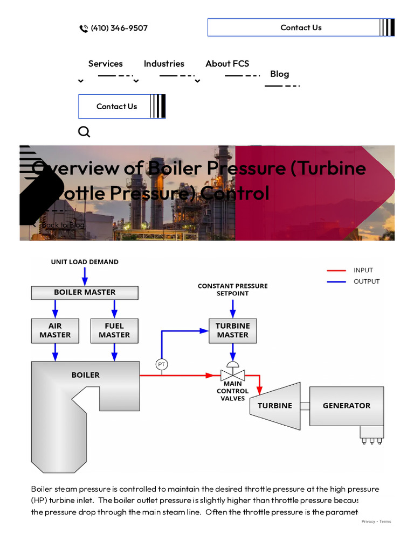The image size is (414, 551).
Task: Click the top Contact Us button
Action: coord(301,27)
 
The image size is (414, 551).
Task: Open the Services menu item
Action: coord(106,63)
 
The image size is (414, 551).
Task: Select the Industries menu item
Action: coord(164,63)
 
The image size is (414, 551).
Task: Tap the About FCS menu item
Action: coord(227,63)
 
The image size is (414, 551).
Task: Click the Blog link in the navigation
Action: coord(279,74)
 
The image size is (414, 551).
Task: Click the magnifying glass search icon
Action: coord(84,132)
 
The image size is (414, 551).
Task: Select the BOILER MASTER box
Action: coord(85,292)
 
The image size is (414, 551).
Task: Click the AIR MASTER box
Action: coord(55,330)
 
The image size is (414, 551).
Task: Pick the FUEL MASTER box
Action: coord(114,330)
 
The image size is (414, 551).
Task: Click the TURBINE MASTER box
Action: coord(232,330)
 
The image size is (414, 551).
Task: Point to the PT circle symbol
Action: coord(162,364)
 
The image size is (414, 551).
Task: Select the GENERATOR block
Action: coord(346,406)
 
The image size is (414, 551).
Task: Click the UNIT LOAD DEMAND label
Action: coord(85,262)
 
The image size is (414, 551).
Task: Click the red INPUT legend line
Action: coord(336,271)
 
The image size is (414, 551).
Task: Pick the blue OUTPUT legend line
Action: coord(336,281)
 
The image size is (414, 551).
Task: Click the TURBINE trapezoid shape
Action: coord(275,406)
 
